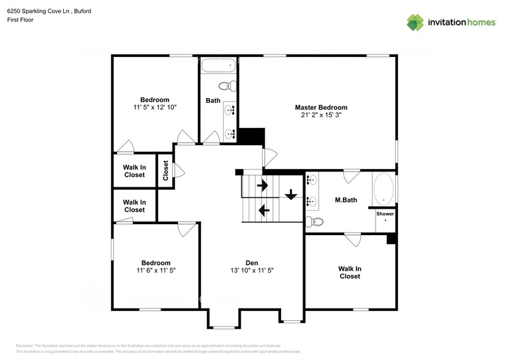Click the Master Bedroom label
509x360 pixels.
[321, 107]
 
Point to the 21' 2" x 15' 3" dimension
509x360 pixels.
[321, 115]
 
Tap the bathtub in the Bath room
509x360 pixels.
[217, 66]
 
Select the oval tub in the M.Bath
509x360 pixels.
[384, 190]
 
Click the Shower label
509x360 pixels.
[385, 214]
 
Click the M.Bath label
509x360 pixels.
[346, 200]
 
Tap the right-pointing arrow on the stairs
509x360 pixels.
[263, 184]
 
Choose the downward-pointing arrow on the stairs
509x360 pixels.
[291, 195]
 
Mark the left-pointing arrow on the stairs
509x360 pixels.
[264, 211]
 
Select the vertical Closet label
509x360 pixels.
[165, 171]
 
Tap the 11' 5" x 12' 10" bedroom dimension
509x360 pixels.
[155, 107]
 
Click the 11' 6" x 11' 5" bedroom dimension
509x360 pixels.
[155, 270]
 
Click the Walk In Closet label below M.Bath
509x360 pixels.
[350, 272]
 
